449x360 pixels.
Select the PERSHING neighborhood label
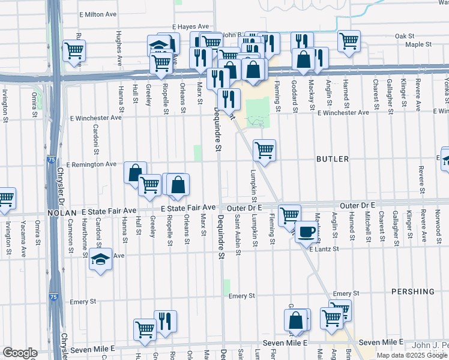(x=412, y=292)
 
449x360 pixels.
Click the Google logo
(x=19, y=353)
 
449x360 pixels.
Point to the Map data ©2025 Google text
(x=412, y=355)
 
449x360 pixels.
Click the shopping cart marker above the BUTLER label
(x=264, y=150)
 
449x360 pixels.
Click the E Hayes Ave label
(x=190, y=27)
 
